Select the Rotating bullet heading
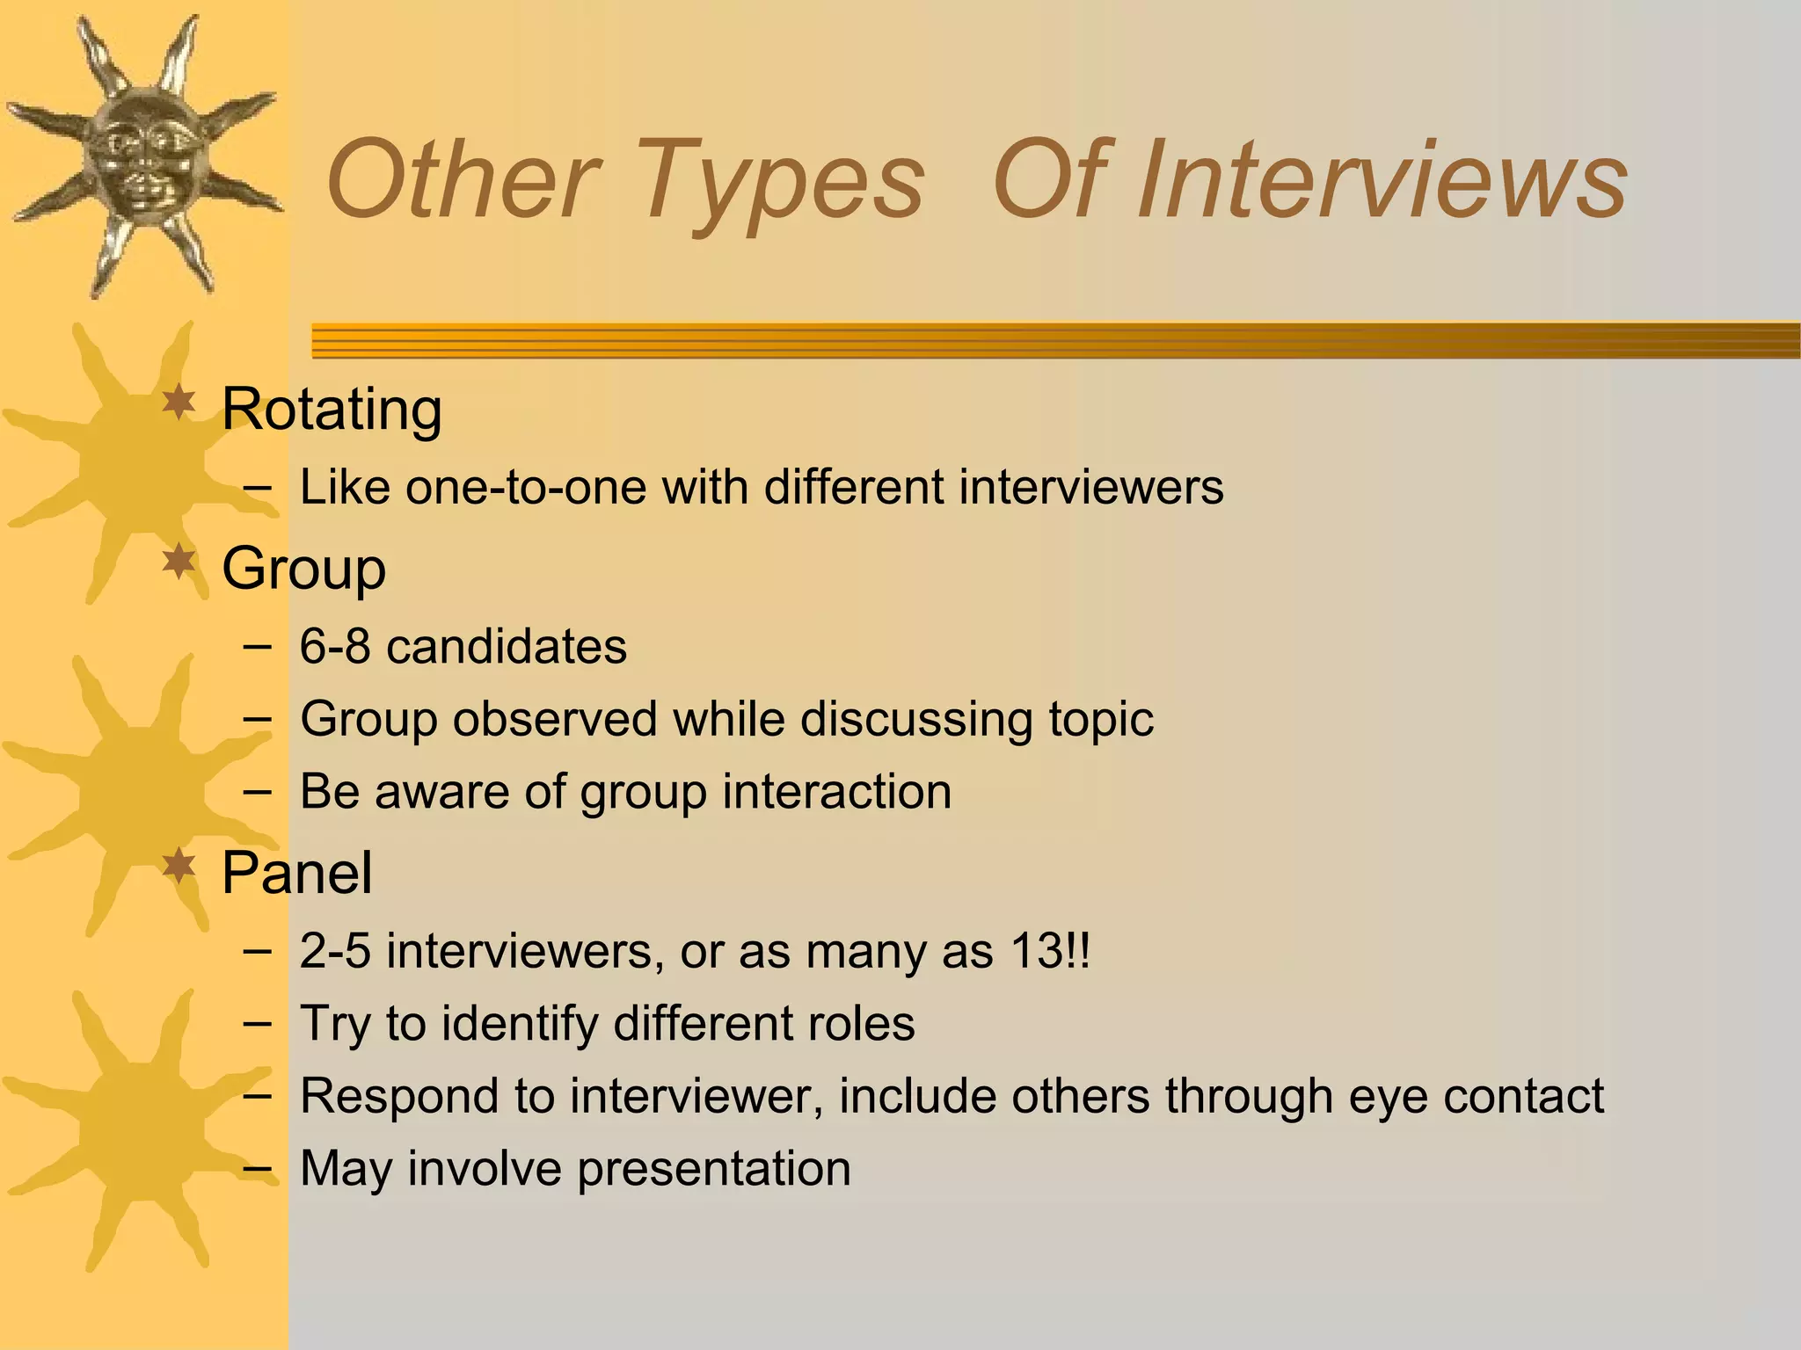click(x=332, y=410)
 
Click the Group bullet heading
click(x=303, y=569)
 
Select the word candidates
click(x=507, y=647)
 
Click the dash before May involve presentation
click(x=257, y=1168)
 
